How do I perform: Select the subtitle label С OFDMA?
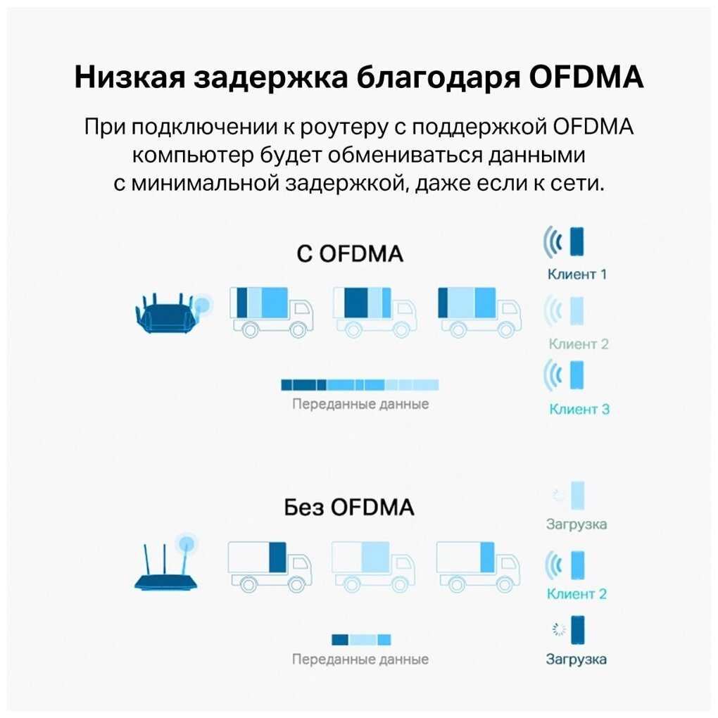coord(350,253)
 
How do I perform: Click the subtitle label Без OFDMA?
coord(349,507)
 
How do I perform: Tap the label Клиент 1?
coord(577,274)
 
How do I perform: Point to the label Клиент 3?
coord(579,409)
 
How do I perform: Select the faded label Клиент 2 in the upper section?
coord(579,344)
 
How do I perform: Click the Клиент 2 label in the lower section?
coord(577,593)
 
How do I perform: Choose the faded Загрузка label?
coord(577,524)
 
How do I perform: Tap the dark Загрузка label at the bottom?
coord(577,660)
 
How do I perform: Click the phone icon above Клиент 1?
coord(577,241)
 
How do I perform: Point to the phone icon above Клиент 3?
coord(577,375)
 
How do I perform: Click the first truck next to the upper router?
coord(271,310)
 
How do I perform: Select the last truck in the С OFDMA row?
coord(479,310)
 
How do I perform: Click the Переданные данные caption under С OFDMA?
coord(360,405)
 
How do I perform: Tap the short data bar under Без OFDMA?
coord(360,639)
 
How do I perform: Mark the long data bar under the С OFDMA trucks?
coord(360,384)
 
